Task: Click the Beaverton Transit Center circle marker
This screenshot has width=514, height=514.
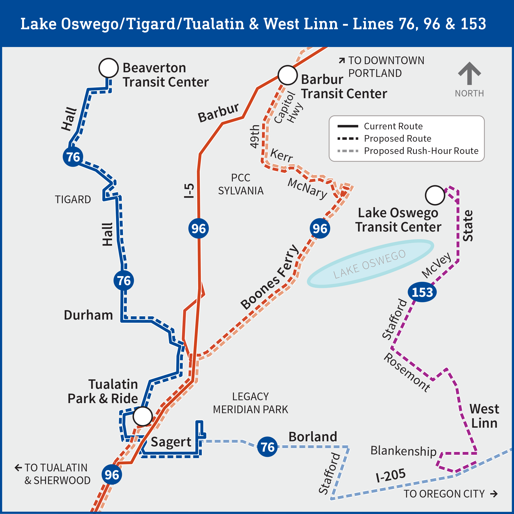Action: pyautogui.click(x=109, y=68)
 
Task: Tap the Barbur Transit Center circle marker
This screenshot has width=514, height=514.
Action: pyautogui.click(x=288, y=75)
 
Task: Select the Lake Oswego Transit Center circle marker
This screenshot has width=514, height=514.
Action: pyautogui.click(x=435, y=195)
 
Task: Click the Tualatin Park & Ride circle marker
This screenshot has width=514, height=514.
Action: pyautogui.click(x=143, y=416)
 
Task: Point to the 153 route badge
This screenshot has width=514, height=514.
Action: pyautogui.click(x=422, y=292)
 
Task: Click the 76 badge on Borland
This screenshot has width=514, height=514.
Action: pyautogui.click(x=267, y=447)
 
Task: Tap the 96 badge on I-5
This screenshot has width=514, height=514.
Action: pyautogui.click(x=199, y=228)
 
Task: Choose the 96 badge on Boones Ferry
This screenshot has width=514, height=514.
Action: pyautogui.click(x=320, y=228)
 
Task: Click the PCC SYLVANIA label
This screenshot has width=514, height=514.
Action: pyautogui.click(x=241, y=184)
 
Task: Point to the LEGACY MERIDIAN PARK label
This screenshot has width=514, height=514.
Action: pyautogui.click(x=250, y=403)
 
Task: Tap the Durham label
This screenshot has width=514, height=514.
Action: pyautogui.click(x=88, y=315)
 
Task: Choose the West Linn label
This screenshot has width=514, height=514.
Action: pyautogui.click(x=484, y=416)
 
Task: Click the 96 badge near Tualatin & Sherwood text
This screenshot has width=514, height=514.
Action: pyautogui.click(x=112, y=475)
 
